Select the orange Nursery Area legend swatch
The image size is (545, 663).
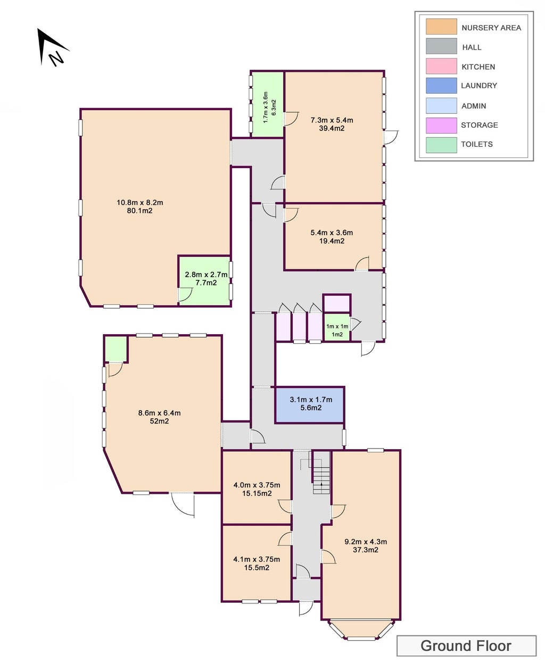tap(441, 27)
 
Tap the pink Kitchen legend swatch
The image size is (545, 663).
tap(441, 66)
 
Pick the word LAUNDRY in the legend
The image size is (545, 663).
tap(478, 86)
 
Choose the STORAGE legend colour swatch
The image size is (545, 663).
tap(441, 125)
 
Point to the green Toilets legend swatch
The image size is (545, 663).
tap(441, 145)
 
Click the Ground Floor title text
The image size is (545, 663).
tap(466, 646)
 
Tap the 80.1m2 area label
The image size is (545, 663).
tap(139, 211)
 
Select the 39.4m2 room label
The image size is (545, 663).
tap(332, 128)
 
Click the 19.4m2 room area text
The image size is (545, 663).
tap(332, 241)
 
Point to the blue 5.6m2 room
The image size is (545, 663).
tap(310, 405)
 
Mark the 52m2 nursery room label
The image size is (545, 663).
tap(159, 421)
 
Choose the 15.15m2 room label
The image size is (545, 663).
tap(257, 493)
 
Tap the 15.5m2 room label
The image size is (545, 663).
tap(257, 568)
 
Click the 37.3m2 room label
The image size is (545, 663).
tap(365, 550)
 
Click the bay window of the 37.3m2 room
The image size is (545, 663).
tap(361, 632)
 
